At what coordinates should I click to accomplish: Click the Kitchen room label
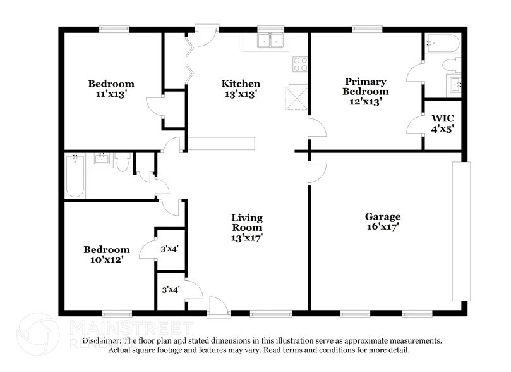[241, 84]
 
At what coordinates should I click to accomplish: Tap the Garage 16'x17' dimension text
[383, 226]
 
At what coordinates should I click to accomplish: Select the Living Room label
[247, 223]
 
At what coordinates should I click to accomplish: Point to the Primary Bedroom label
[365, 87]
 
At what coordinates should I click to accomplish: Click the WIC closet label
[443, 118]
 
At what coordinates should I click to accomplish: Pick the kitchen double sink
[270, 40]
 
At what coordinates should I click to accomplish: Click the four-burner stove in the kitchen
[300, 64]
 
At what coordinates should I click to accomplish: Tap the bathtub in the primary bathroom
[443, 44]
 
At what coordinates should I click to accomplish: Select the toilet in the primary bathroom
[452, 64]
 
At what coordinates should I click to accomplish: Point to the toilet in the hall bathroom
[123, 162]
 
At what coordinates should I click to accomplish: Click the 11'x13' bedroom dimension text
[111, 94]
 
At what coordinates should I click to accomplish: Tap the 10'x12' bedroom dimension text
[107, 260]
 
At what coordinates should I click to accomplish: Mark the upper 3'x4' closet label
[169, 249]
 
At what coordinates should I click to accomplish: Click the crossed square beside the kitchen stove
[297, 98]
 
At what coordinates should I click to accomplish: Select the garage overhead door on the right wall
[461, 231]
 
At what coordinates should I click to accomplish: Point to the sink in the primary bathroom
[454, 85]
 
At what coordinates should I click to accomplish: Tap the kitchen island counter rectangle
[221, 144]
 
